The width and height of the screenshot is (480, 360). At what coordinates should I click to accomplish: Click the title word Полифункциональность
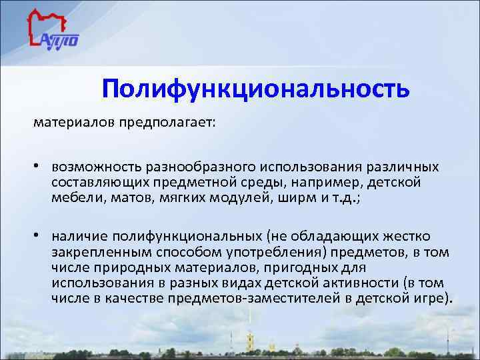coord(256,89)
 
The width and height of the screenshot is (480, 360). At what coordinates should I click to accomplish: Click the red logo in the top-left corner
coord(53,33)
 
